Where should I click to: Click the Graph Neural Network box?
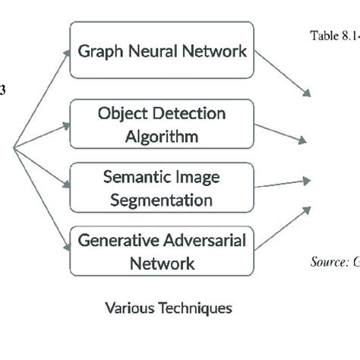[161, 50]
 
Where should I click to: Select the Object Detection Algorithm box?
[161, 125]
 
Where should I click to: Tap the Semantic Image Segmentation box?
[161, 188]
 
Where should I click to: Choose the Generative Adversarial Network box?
[161, 251]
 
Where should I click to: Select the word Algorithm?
[162, 137]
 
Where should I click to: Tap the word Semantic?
[129, 178]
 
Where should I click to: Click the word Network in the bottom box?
[161, 264]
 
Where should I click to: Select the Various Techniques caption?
[168, 308]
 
